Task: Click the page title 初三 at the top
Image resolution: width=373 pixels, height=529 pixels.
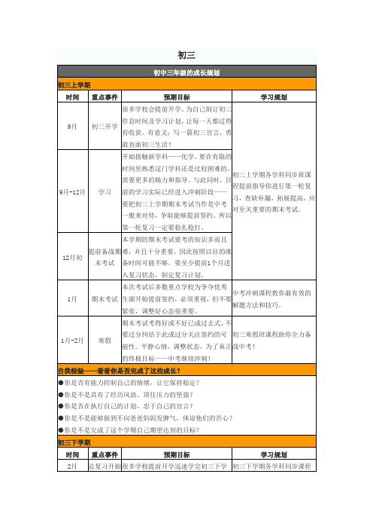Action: (x=186, y=54)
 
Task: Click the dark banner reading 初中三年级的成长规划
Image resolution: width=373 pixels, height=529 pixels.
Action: (x=186, y=73)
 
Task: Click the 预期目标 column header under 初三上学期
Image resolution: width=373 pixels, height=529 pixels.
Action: (x=177, y=96)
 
